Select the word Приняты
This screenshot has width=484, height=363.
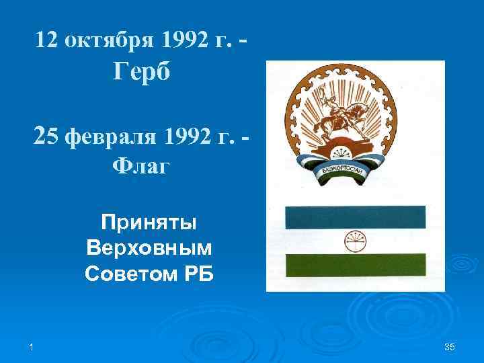[x=149, y=223]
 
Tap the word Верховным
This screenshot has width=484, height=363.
[x=149, y=249]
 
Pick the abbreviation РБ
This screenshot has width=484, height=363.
[x=196, y=274]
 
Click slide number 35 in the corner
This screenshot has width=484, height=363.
[x=450, y=346]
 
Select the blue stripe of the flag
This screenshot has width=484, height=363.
[x=355, y=216]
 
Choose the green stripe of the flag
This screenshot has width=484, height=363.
[x=355, y=265]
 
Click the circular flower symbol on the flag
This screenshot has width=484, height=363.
[x=354, y=241]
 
